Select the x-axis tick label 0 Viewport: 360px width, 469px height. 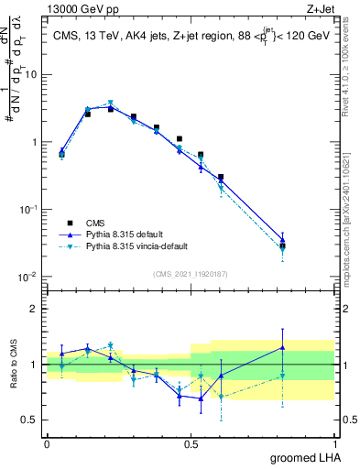coord(47,442)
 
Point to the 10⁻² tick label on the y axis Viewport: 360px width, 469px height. coord(29,277)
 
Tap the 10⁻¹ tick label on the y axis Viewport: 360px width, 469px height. coord(29,210)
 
